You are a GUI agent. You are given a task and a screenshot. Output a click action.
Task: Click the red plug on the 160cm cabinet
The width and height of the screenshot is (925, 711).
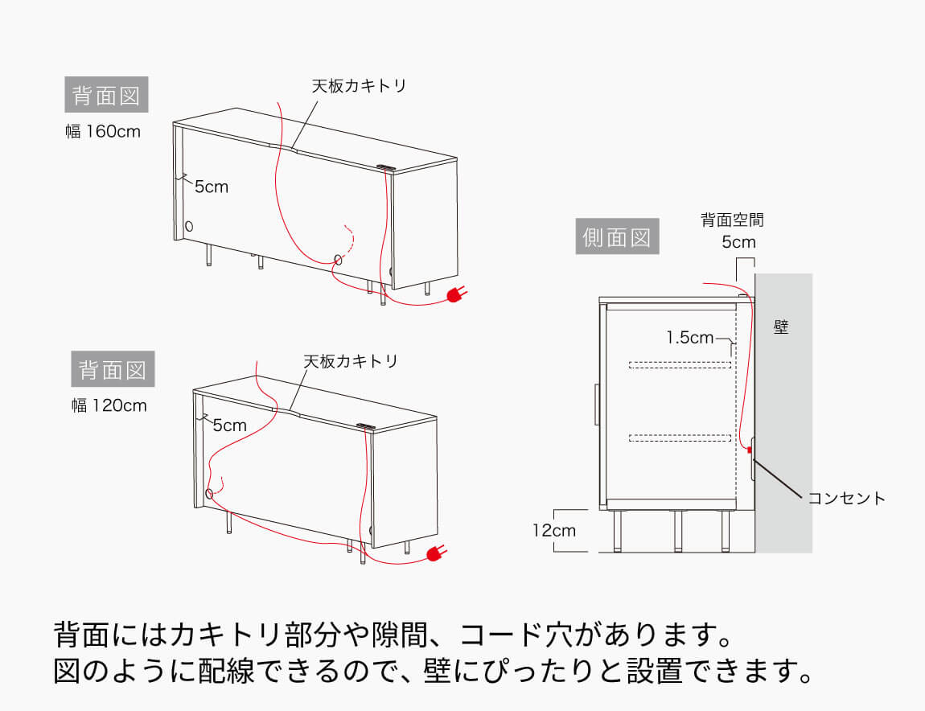coord(454,296)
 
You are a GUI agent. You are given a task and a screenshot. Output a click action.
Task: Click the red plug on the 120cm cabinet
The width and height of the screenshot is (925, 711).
coord(436,553)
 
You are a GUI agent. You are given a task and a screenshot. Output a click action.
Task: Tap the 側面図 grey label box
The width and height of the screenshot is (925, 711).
coord(617,238)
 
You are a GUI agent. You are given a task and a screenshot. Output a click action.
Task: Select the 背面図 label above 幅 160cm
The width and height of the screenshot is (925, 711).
coord(106,96)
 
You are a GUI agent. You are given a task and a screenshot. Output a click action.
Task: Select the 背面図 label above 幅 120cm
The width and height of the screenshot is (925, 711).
coord(112,370)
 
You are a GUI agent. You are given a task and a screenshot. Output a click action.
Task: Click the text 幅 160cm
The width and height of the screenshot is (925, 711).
coord(103,131)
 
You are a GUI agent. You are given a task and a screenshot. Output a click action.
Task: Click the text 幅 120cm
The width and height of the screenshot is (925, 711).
coord(109,405)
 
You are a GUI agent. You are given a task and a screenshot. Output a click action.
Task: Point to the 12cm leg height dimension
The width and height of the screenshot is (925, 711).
coord(553,530)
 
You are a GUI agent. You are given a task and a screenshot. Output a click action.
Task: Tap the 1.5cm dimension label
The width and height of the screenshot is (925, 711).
coord(689,338)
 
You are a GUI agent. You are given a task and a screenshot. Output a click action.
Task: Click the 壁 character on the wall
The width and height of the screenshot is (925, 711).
coord(781,327)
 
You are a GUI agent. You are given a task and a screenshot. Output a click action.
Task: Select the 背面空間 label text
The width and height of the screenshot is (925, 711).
coord(732,219)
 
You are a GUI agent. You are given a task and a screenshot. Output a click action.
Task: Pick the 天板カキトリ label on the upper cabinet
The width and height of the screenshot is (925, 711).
coord(360,85)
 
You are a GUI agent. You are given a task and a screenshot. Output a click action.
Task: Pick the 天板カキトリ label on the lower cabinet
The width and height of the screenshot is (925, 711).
coord(351,361)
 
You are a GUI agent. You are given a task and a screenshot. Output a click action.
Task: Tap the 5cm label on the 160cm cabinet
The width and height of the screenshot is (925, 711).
coord(211,187)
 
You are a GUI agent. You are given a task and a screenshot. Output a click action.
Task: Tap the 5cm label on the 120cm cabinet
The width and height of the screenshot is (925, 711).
coord(229,425)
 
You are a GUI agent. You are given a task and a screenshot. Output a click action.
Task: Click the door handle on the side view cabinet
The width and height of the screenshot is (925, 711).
coord(596,404)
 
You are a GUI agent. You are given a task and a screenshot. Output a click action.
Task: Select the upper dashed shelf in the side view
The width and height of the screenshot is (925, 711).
coord(680,365)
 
